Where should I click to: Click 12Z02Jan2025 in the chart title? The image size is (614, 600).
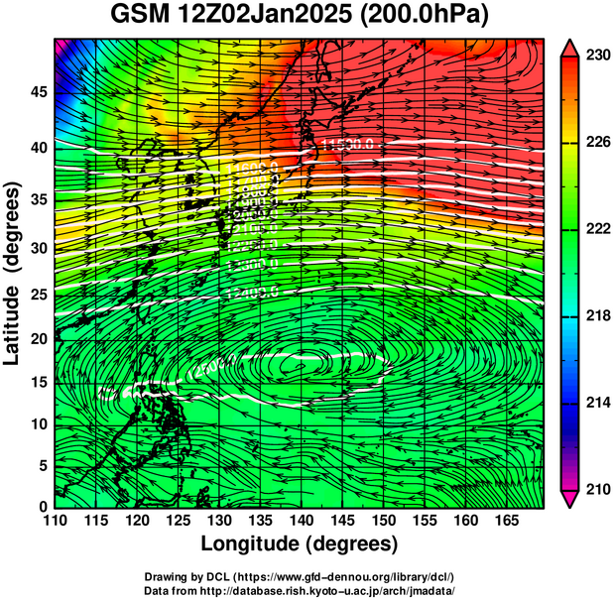tap(265, 17)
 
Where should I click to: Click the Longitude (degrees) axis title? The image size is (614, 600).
tap(300, 544)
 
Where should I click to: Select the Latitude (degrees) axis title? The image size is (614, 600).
tap(14, 273)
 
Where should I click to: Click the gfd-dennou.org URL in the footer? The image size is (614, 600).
tap(354, 576)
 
